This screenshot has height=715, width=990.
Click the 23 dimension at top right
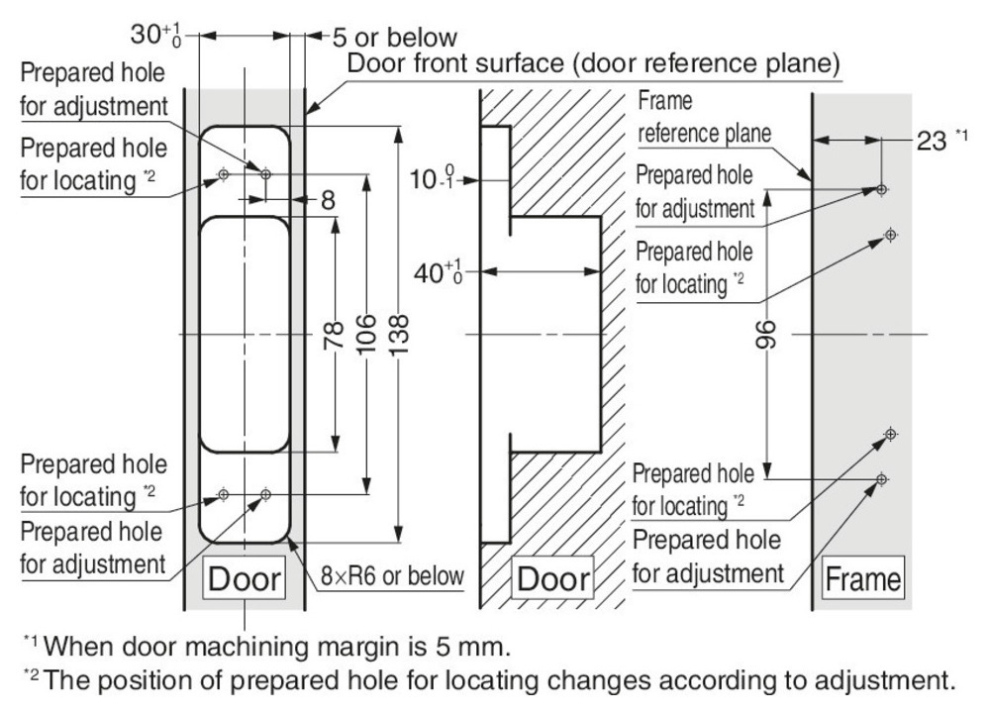(936, 141)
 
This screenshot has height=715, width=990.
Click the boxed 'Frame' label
(861, 578)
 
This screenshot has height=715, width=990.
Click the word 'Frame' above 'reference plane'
(666, 102)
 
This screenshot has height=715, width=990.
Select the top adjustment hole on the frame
(882, 188)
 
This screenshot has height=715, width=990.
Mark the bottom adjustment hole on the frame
(882, 479)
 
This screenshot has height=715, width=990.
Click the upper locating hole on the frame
(890, 235)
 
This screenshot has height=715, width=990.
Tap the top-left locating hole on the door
(224, 174)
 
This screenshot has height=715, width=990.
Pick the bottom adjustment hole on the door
(264, 493)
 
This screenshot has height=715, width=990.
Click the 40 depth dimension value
(442, 270)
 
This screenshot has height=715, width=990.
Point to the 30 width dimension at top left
(156, 36)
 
